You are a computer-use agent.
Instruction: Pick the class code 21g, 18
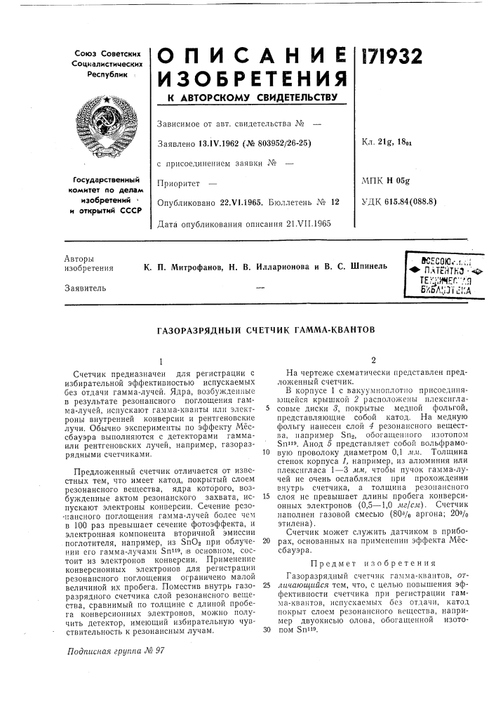pyautogui.click(x=399, y=145)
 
